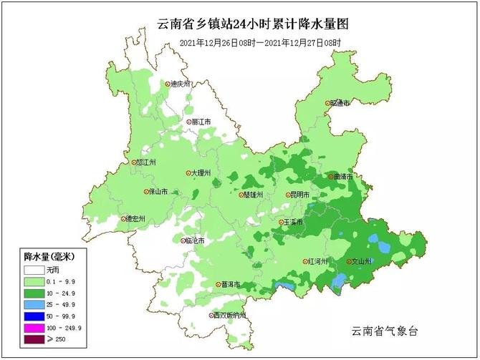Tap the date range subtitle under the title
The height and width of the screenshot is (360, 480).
point(259,44)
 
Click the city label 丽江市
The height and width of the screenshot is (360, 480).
point(200,122)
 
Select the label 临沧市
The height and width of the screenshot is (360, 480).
point(194,240)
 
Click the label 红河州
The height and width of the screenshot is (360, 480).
point(316,261)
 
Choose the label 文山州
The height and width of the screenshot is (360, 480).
point(360,261)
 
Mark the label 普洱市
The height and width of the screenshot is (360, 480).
point(230,284)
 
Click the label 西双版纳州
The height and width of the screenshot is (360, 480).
point(229,315)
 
